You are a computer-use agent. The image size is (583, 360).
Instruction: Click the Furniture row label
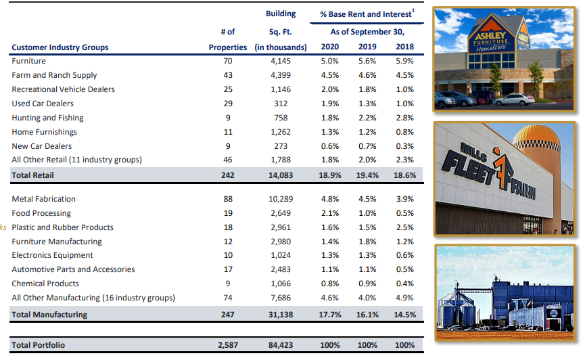[28, 61]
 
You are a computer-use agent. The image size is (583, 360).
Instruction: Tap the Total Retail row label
[32, 175]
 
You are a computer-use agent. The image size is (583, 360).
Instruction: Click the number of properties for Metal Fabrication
[228, 199]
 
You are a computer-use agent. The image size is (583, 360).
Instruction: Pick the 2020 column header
[330, 47]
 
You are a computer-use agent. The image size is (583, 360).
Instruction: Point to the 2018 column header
[404, 47]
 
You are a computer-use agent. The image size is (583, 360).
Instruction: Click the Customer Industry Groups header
[60, 47]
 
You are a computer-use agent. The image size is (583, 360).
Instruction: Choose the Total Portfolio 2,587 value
[228, 345]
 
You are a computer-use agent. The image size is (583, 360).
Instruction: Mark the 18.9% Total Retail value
[330, 175]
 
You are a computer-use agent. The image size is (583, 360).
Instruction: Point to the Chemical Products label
[45, 284]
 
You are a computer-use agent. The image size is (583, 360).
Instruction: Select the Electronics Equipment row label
[52, 255]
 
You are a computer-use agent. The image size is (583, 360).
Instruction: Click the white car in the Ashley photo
[514, 100]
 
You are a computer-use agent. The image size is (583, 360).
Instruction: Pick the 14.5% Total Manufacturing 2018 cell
[404, 315]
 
